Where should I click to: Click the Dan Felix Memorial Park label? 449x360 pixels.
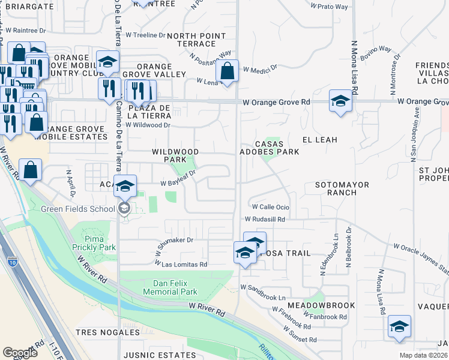coord(170,287)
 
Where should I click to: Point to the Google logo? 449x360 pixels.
coord(20,353)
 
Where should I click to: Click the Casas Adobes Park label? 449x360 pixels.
coord(277,148)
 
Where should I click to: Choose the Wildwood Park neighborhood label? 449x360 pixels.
coord(175,155)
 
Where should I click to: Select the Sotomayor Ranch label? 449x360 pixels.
coord(342,188)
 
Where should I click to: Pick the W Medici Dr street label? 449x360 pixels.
coord(259,69)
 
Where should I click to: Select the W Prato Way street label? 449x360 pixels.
coord(329,7)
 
